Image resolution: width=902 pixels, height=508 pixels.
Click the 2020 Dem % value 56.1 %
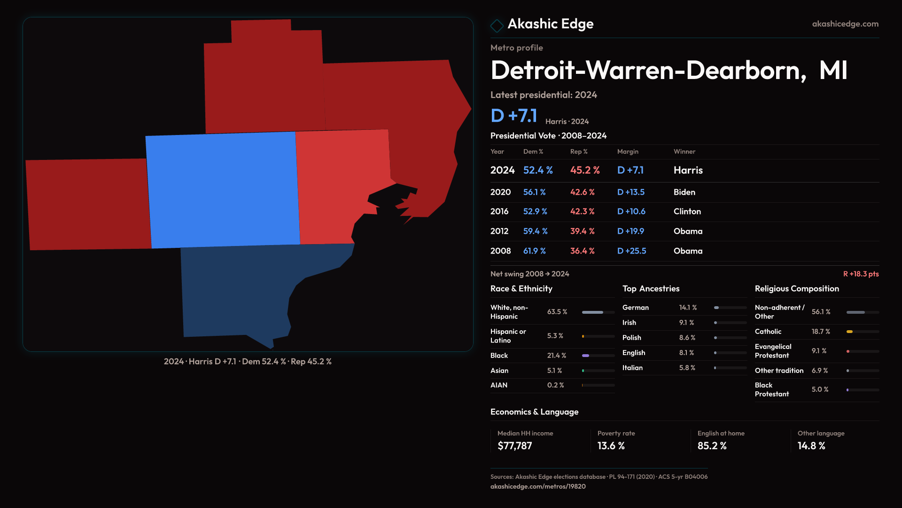534,192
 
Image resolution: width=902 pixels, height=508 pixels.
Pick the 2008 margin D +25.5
631,251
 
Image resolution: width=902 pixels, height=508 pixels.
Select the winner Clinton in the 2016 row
687,212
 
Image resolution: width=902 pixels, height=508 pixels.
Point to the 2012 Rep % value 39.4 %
582,231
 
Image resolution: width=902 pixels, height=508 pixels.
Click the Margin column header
628,151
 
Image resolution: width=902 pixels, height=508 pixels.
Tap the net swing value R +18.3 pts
861,274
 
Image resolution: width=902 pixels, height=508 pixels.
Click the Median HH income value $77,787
514,446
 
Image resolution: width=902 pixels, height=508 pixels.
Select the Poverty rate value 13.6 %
611,446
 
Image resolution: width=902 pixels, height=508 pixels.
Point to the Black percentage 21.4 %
556,356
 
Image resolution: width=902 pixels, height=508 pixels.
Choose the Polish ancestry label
631,338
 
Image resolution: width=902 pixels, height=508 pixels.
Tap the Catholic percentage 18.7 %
820,332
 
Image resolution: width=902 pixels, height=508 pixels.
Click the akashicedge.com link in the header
845,24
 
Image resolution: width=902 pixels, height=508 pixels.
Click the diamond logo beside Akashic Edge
497,25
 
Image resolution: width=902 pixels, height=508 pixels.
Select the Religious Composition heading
796,289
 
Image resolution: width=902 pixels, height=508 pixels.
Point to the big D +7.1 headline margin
513,116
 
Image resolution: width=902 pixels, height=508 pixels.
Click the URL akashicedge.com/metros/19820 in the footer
537,486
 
